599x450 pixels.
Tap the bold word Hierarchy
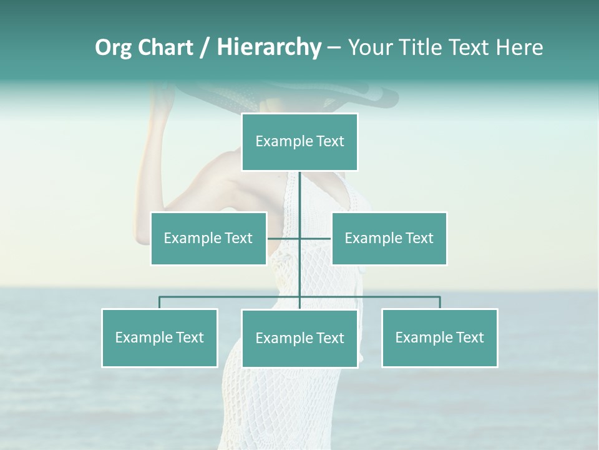(268, 48)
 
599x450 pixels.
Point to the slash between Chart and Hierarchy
(205, 48)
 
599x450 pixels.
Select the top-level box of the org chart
(299, 142)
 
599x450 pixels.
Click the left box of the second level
(208, 238)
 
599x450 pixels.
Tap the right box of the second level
(389, 238)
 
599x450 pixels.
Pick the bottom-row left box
(160, 337)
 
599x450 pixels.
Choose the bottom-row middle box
(299, 338)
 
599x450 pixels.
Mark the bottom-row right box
(439, 337)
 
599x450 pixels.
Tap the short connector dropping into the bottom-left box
(160, 302)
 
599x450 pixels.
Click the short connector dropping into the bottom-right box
(440, 302)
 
